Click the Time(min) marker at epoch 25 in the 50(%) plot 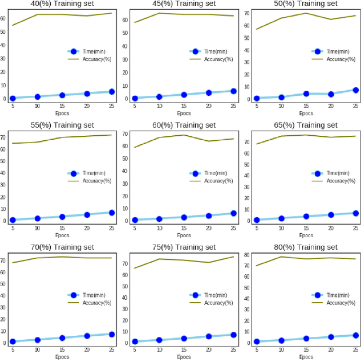point(355,90)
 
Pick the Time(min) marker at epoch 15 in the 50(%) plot point(306,94)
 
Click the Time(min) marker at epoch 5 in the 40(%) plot point(12,99)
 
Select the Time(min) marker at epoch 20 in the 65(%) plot point(331,215)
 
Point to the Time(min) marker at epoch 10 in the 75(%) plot point(159,340)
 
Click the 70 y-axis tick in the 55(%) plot point(4,137)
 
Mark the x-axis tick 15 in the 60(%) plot point(184,228)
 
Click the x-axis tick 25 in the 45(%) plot point(233,106)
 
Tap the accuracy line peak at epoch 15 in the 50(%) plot point(306,13)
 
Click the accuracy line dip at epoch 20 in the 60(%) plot point(209,141)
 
